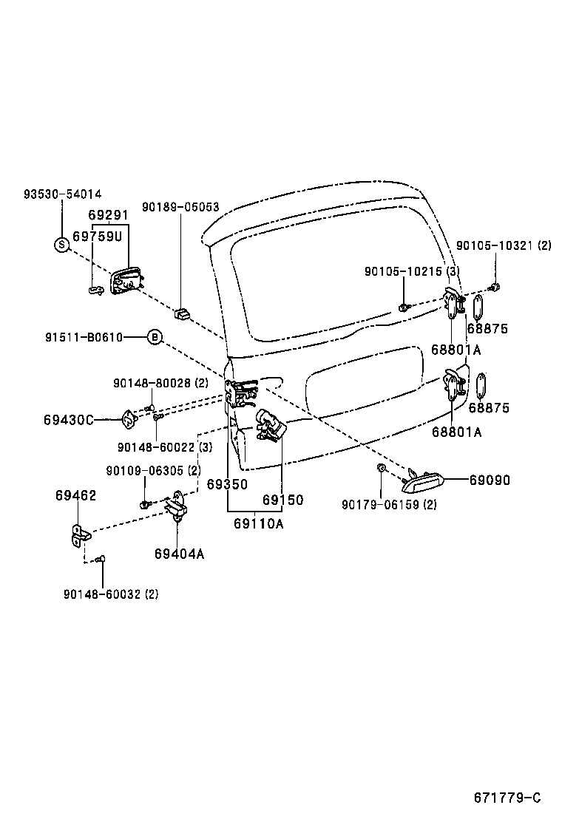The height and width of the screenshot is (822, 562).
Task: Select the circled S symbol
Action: pos(61,244)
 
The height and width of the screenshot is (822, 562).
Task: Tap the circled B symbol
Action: pos(155,338)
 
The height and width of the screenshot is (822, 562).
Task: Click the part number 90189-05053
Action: pos(180,207)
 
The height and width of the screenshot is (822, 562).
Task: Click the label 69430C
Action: pos(68,420)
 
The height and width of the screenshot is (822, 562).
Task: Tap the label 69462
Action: pos(75,495)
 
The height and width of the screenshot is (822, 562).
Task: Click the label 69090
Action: pos(489,480)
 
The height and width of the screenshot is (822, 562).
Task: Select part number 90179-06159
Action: pos(379,505)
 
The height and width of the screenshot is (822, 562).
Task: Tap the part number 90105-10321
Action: pos(493,245)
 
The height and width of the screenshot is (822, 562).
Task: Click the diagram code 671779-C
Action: pos(507,798)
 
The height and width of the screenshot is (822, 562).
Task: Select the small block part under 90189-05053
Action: pos(181,314)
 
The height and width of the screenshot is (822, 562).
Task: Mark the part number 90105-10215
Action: pos(402,271)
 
